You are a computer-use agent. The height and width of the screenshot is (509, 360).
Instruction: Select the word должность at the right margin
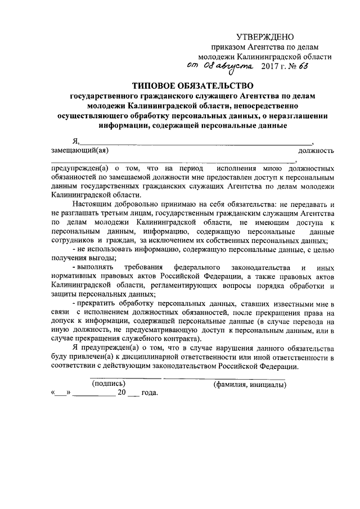click(317, 150)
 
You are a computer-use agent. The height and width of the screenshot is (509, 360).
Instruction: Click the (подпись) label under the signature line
click(109, 384)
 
